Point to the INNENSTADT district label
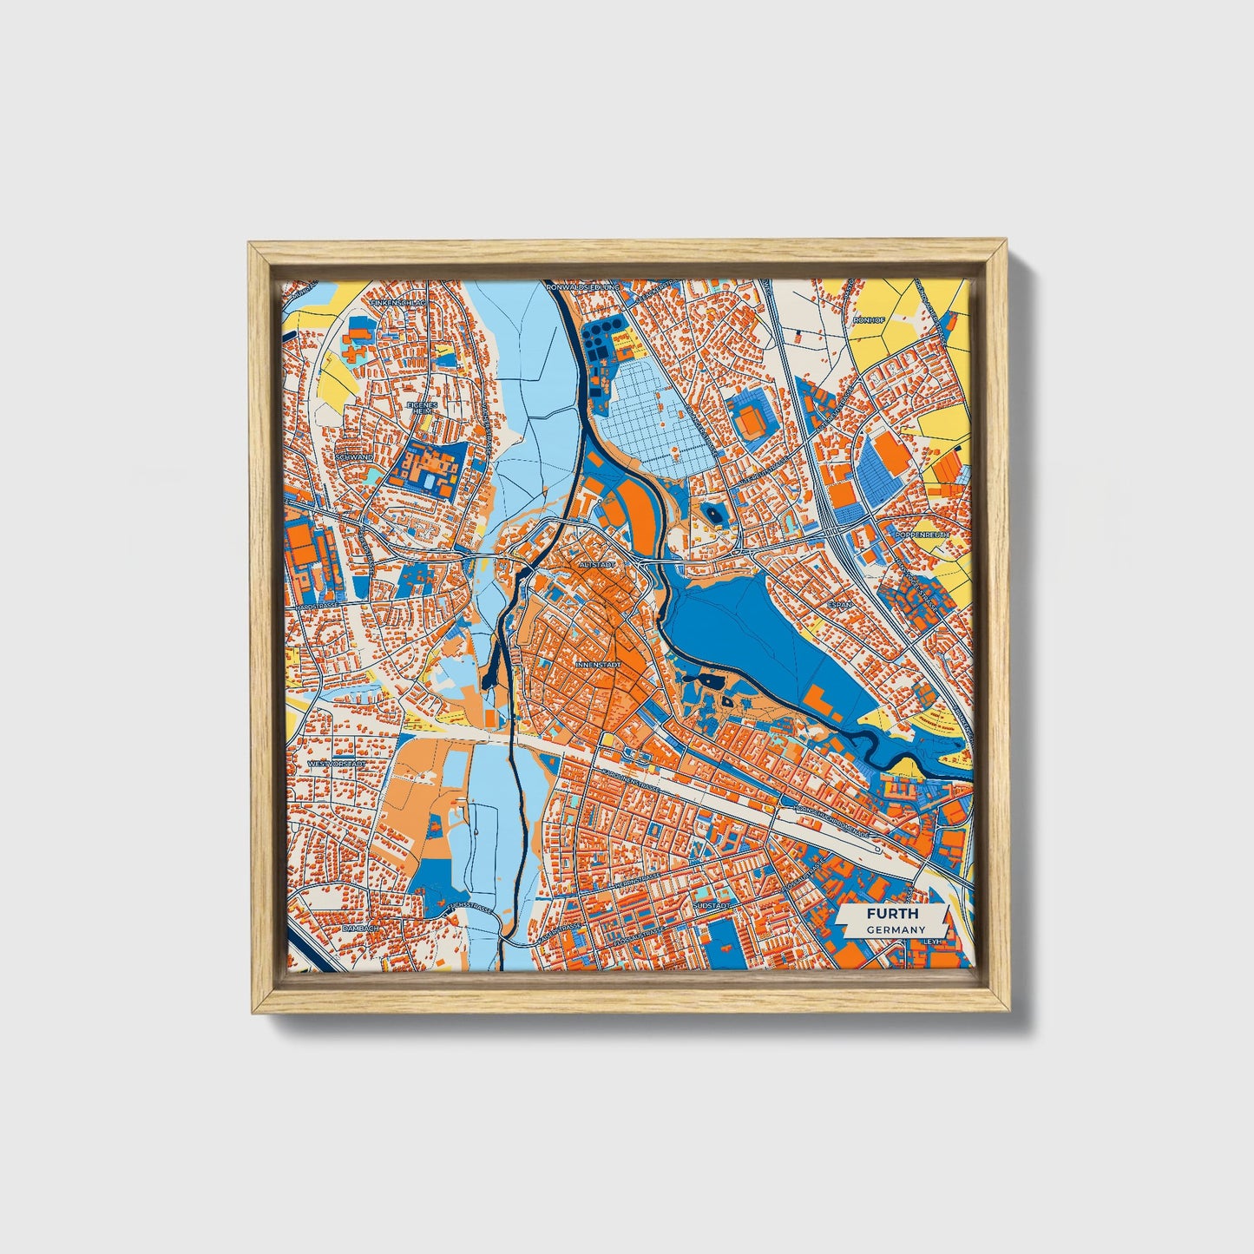click(597, 665)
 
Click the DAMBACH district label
click(362, 928)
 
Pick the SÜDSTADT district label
click(712, 904)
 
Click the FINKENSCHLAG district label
click(395, 303)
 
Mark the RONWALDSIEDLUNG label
click(583, 286)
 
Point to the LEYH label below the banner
click(933, 941)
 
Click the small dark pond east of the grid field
click(715, 515)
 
